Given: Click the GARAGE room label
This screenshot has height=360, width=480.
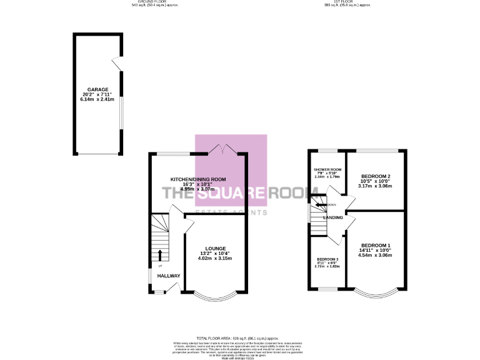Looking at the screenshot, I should (x=98, y=89).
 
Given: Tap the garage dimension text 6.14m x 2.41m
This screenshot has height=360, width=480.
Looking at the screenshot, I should (x=98, y=99).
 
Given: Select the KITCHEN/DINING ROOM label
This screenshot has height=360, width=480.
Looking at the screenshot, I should (x=198, y=179).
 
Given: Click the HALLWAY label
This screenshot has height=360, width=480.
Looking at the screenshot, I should (x=168, y=276).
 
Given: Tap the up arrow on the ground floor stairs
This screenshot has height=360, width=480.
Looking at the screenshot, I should (x=160, y=254).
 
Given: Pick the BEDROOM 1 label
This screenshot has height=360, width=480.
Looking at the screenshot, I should (x=376, y=245).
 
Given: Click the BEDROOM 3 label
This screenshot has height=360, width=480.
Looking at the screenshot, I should (x=327, y=259).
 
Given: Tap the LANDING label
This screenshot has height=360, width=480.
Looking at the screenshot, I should (x=332, y=217).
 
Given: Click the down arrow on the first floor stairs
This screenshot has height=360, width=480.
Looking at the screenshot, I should (x=321, y=204).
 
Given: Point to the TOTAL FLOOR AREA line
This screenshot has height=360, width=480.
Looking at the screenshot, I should (x=240, y=337).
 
